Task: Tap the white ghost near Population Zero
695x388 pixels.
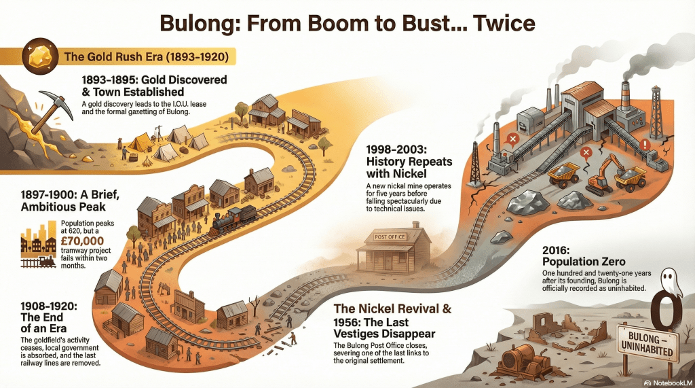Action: click(671, 280)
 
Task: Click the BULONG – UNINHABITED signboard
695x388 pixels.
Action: click(650, 344)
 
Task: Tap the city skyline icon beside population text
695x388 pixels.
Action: click(37, 243)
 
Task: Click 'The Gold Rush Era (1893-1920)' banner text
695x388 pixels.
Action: click(146, 56)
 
